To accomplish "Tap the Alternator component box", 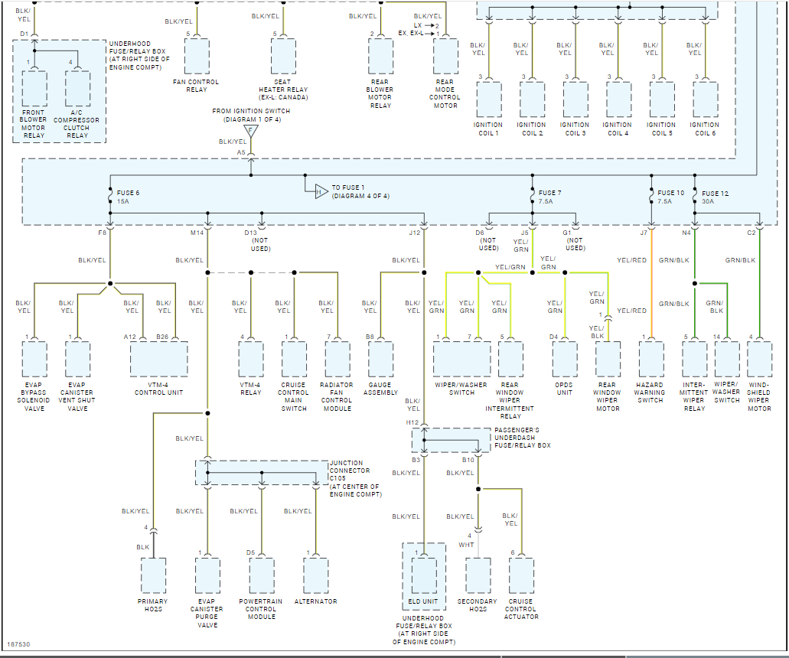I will click(x=316, y=576).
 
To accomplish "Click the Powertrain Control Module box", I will click(x=262, y=576).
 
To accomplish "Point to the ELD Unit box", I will click(x=424, y=576).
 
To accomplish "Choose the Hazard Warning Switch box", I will click(x=651, y=359).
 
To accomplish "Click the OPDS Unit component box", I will click(x=565, y=359).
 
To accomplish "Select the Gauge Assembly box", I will click(x=381, y=359).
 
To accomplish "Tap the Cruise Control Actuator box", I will click(x=521, y=576).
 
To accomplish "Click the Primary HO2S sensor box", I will click(x=153, y=576).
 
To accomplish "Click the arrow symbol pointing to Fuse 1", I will click(x=321, y=191).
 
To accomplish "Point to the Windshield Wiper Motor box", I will click(x=759, y=359).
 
